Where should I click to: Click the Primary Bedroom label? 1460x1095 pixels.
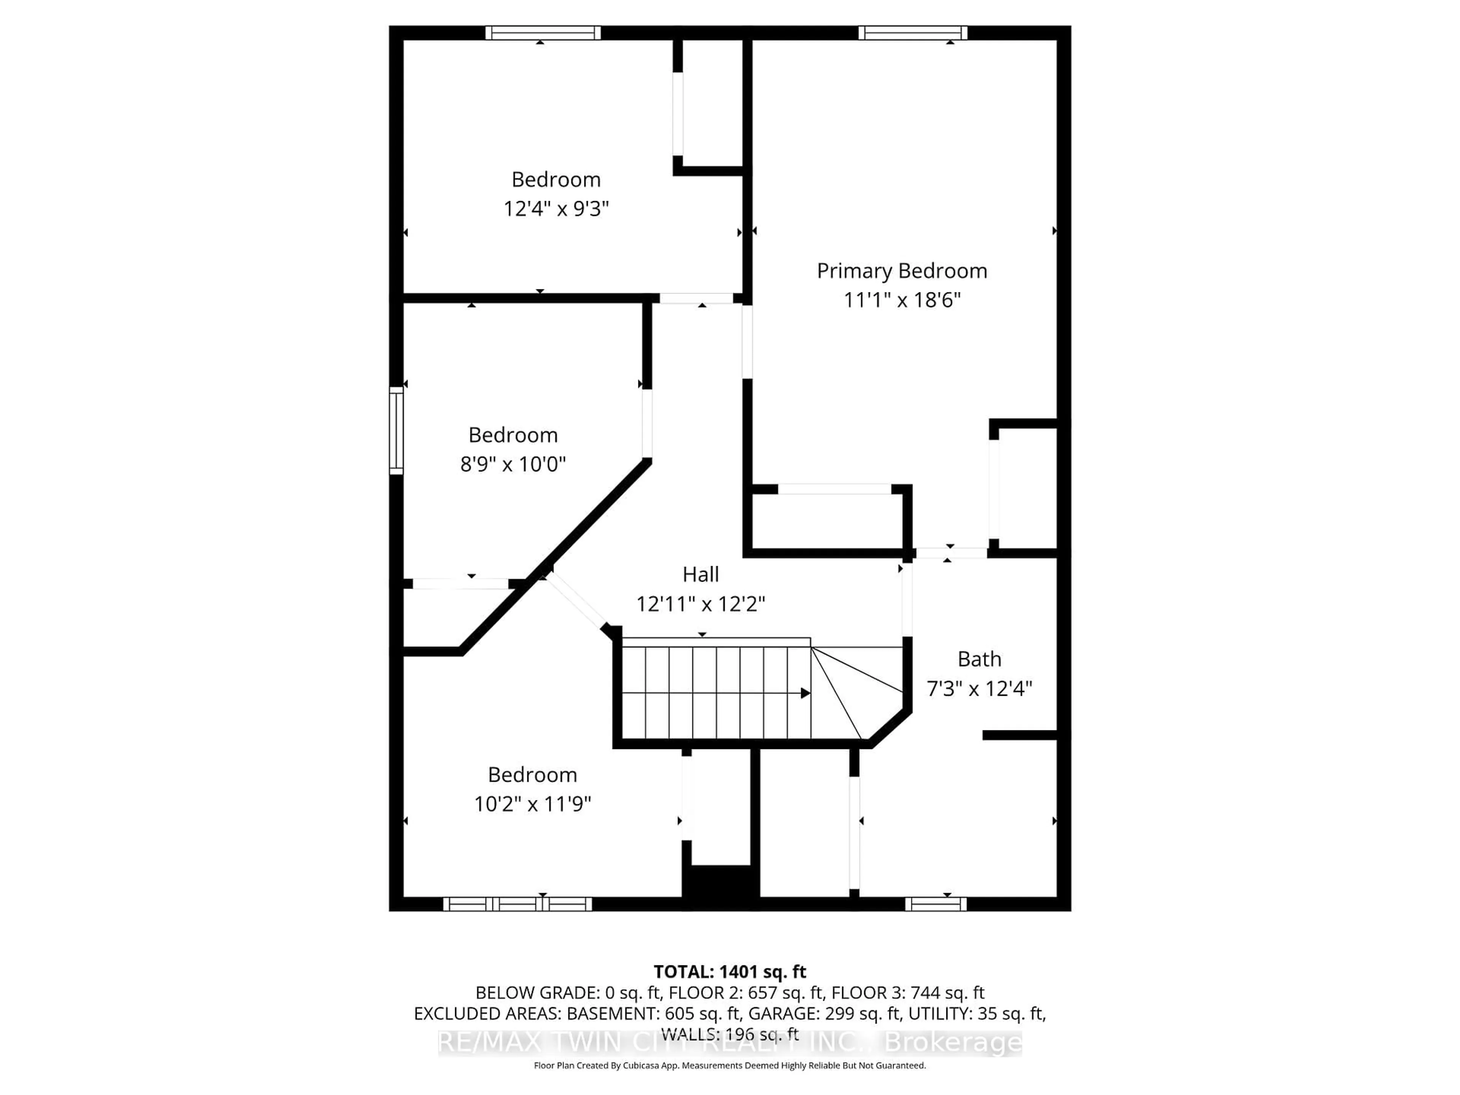(901, 271)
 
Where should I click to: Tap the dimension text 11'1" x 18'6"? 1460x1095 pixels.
(901, 300)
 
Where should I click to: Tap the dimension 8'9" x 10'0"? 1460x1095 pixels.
(513, 464)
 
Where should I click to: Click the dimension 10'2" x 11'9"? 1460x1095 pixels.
(532, 804)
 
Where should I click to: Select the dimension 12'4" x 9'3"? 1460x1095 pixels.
(556, 209)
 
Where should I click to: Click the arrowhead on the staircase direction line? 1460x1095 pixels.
(805, 693)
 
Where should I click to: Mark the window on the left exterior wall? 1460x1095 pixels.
(396, 430)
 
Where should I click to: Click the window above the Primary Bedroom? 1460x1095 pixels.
(913, 33)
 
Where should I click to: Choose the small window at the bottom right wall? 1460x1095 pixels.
(935, 904)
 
